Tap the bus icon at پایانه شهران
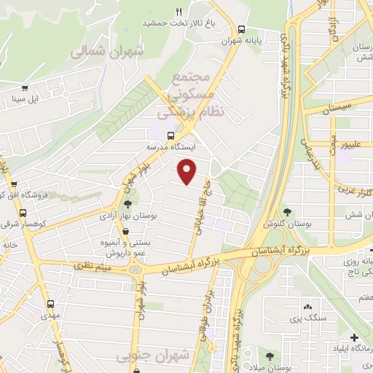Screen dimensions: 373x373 pyautogui.click(x=242, y=29)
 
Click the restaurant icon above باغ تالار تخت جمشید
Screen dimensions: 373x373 pyautogui.click(x=179, y=12)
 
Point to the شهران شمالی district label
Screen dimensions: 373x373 pyautogui.click(x=108, y=52)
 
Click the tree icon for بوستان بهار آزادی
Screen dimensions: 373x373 pyautogui.click(x=129, y=205)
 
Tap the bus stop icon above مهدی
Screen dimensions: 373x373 pyautogui.click(x=50, y=304)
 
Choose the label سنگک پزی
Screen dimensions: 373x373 pyautogui.click(x=306, y=318)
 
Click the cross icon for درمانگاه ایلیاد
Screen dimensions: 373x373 pyautogui.click(x=354, y=338)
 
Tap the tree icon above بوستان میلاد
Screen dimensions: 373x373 pyautogui.click(x=270, y=356)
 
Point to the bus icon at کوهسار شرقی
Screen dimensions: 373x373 pyautogui.click(x=23, y=213)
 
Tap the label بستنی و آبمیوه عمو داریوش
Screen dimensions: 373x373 pyautogui.click(x=125, y=247)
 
